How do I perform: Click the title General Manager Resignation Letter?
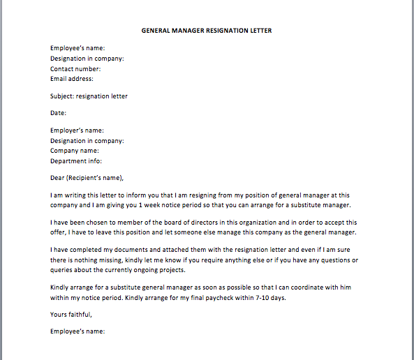pyautogui.click(x=207, y=31)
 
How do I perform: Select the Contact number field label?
pyautogui.click(x=75, y=69)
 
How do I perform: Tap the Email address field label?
pyautogui.click(x=72, y=79)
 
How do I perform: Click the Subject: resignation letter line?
pyautogui.click(x=89, y=96)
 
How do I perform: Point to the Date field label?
pyautogui.click(x=58, y=113)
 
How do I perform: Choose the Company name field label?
pyautogui.click(x=74, y=151)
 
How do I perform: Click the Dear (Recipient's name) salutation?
pyautogui.click(x=91, y=177)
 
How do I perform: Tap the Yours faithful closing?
pyautogui.click(x=71, y=315)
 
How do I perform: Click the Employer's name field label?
pyautogui.click(x=77, y=130)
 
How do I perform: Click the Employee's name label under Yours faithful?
pyautogui.click(x=77, y=332)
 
